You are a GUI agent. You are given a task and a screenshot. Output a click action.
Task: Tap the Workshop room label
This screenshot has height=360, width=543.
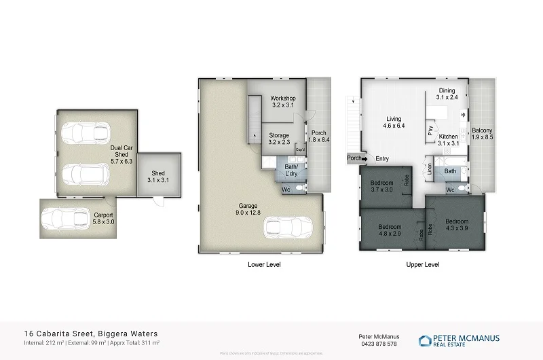282,103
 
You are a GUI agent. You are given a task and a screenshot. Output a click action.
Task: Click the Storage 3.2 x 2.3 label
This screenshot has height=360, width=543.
279,139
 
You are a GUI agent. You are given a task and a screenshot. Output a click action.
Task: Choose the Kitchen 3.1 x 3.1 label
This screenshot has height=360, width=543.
449,140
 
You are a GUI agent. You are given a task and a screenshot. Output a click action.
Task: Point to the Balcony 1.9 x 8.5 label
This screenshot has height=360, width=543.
482,134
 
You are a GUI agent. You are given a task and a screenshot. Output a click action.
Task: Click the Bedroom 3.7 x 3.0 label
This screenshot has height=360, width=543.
381,186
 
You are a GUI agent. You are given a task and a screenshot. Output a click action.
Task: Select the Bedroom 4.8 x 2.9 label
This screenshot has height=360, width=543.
390,230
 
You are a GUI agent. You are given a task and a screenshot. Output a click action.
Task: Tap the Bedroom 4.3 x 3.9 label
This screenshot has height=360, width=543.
456,225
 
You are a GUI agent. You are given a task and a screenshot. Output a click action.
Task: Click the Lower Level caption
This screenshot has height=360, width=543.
264,265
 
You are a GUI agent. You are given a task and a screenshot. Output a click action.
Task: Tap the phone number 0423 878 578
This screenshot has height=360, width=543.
377,344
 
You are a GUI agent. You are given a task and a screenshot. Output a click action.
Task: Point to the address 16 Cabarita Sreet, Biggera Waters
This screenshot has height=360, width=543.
91,334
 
